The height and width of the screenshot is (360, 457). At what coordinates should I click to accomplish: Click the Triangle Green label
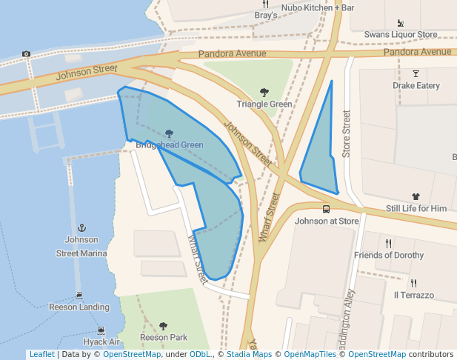(264, 104)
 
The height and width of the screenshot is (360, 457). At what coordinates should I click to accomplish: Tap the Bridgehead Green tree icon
(170, 134)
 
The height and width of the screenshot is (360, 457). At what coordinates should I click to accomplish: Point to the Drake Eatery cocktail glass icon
(416, 73)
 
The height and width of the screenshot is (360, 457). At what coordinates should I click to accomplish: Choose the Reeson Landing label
(79, 307)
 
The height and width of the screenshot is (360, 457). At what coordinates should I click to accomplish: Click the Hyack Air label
(101, 341)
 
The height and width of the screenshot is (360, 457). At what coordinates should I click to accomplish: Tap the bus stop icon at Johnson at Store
(327, 209)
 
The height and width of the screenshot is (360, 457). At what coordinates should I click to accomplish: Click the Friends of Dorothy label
(389, 256)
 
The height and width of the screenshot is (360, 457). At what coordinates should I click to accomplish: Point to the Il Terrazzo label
(414, 295)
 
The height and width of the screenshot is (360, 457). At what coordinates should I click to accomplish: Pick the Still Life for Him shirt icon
(416, 197)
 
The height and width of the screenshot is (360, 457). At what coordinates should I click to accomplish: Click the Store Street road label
(346, 134)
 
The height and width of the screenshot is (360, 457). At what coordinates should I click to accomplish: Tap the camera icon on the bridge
(27, 54)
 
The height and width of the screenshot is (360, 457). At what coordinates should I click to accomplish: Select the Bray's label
(266, 15)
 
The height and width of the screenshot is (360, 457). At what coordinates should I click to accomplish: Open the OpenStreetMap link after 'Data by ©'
(132, 355)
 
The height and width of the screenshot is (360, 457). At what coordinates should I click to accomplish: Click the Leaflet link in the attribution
(41, 355)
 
